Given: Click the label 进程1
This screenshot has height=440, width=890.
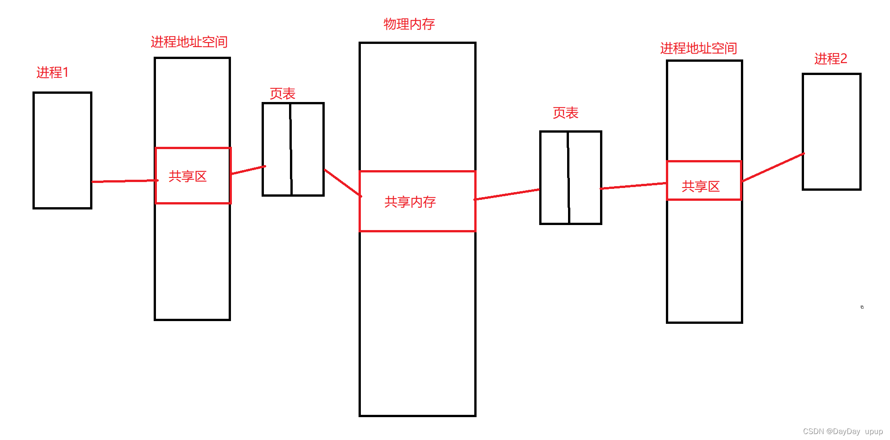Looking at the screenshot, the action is [52, 72].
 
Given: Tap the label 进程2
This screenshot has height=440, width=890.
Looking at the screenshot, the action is [831, 59].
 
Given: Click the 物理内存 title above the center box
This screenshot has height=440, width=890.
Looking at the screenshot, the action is [409, 24].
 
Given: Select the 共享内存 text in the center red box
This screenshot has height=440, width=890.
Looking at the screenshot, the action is [410, 202].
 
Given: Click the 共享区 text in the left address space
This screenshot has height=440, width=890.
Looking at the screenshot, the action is [188, 176].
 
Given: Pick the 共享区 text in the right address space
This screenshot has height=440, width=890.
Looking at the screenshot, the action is [701, 186].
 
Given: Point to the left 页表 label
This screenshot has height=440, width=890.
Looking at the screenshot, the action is [282, 93].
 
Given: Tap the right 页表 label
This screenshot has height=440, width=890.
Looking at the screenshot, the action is [565, 113].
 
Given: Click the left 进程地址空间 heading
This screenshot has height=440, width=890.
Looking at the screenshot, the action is [189, 42].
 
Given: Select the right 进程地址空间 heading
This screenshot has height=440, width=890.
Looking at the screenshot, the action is [698, 48].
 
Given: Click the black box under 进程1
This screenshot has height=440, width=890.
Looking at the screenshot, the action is [63, 150].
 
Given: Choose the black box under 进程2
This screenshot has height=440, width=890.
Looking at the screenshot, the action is [831, 132].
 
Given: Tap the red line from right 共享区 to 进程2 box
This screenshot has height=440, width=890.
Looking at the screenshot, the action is [773, 167].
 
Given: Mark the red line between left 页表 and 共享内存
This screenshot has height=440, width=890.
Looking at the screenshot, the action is [342, 183].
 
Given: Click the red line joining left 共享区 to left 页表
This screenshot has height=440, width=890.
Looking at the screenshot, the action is [248, 170].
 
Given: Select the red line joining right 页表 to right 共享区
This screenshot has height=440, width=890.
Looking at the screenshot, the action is [634, 186].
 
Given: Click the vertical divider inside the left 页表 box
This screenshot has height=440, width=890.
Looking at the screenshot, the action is [291, 149].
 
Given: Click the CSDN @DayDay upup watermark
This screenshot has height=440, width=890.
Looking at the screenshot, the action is [842, 431].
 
